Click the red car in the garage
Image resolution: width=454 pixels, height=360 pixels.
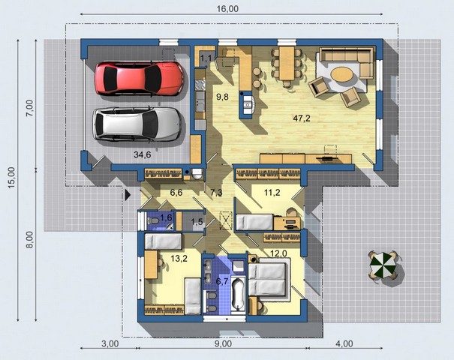coord(140,78)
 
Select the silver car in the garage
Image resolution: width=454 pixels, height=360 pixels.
coord(137,124)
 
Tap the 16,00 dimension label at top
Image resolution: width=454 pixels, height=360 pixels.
coord(227,9)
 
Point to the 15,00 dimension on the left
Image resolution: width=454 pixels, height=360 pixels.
coord(11,178)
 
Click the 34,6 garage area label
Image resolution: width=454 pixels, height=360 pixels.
coord(142,154)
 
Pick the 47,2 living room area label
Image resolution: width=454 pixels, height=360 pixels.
coord(302,118)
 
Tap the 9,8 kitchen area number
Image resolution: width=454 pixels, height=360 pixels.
coord(222,97)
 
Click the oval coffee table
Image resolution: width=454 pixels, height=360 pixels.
coord(342,75)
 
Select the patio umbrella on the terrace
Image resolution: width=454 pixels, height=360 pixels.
coord(383,265)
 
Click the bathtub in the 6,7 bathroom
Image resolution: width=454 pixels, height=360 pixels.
coord(239,294)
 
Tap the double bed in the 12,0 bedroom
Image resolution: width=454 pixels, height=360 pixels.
coord(267,279)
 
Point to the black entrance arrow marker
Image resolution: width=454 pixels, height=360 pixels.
coord(128,195)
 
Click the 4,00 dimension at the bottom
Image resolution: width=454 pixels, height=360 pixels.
coord(344,343)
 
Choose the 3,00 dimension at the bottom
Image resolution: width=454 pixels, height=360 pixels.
coord(110,343)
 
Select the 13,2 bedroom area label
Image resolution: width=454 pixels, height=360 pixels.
coord(179,259)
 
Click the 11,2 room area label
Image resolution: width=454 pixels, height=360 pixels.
coord(272,192)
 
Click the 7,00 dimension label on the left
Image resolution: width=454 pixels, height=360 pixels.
coord(30,108)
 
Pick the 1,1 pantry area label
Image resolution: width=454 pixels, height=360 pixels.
coord(206,59)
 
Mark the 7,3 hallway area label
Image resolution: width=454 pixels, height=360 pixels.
coord(216,193)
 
